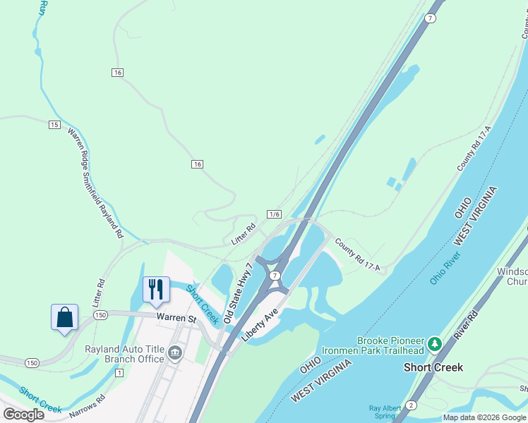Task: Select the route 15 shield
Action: click(x=54, y=125)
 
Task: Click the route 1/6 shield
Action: click(x=275, y=214)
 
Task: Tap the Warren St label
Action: click(x=176, y=319)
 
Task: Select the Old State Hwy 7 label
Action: click(x=239, y=295)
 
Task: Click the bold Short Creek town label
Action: click(x=433, y=367)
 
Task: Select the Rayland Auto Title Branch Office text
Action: click(x=124, y=354)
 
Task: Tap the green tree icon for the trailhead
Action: click(x=436, y=344)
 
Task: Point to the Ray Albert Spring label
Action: click(x=388, y=412)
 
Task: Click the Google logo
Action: click(x=23, y=415)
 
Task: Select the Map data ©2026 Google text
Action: click(x=484, y=417)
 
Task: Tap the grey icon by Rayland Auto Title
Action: click(x=174, y=354)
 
